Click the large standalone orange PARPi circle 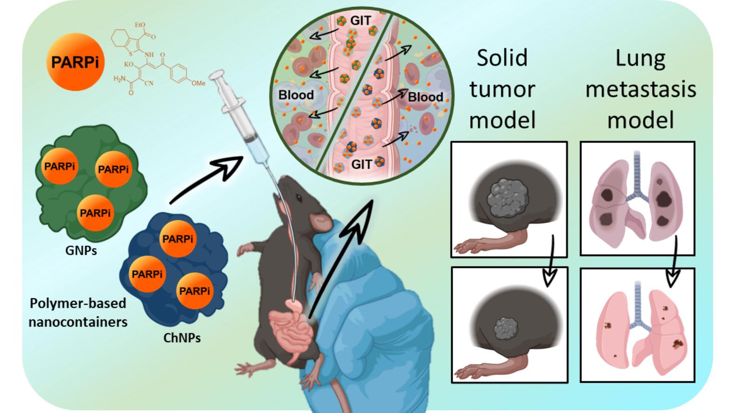[75, 62]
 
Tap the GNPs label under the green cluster [81, 251]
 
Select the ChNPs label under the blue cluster [182, 338]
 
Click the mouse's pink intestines [292, 328]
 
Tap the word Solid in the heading [502, 58]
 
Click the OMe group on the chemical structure [198, 83]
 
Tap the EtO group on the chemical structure [139, 25]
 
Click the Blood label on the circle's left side [296, 95]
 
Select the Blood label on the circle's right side [425, 97]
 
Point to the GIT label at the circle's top [361, 21]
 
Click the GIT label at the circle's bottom [361, 164]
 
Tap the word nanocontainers [78, 322]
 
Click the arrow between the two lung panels [673, 261]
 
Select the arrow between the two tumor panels [551, 261]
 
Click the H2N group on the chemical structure [120, 79]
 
